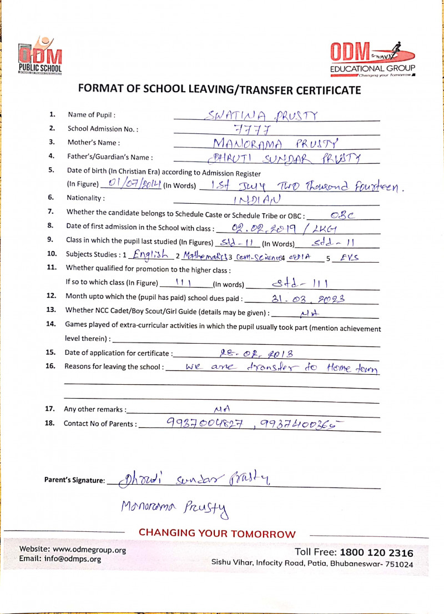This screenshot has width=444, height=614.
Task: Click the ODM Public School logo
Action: (40, 55)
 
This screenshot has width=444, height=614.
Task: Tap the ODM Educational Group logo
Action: (372, 58)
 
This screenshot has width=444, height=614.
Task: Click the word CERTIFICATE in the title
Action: (317, 89)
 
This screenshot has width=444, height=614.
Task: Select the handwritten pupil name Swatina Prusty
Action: (261, 115)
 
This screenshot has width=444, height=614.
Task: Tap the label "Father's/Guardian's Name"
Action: (110, 157)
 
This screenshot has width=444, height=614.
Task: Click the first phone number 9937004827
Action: (204, 423)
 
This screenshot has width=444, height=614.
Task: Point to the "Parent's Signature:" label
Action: (74, 480)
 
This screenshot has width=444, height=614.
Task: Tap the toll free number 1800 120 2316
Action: (377, 552)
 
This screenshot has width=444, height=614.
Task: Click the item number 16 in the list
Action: (50, 366)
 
